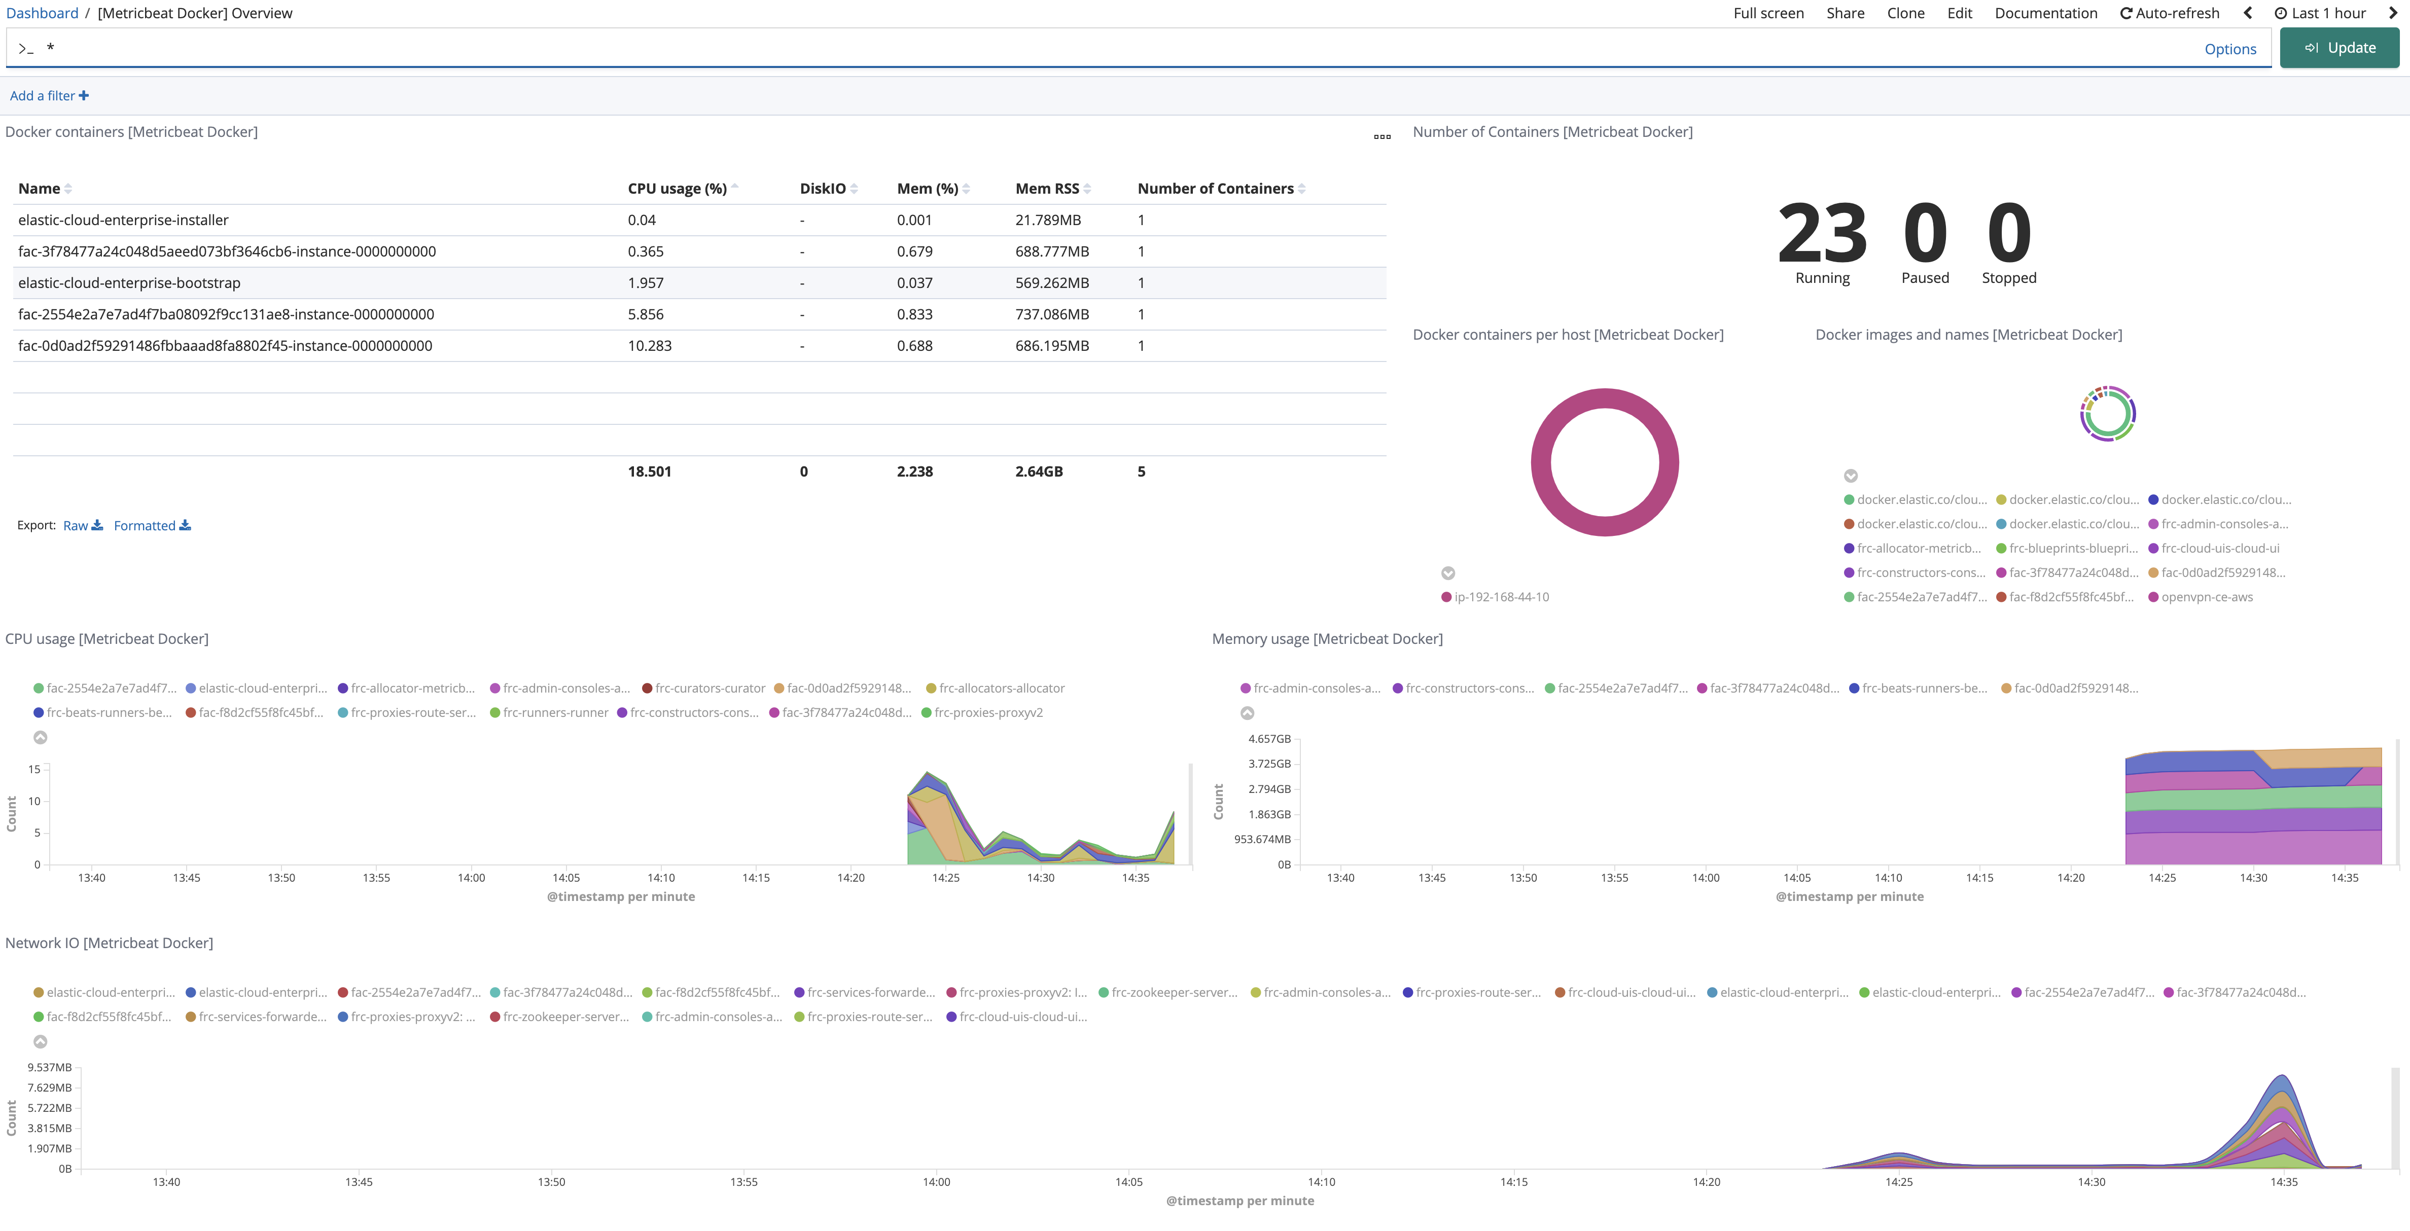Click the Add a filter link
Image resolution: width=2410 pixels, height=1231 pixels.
49,95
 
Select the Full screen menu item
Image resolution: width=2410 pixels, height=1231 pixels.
1768,13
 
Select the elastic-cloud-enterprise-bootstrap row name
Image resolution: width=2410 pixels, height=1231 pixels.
129,282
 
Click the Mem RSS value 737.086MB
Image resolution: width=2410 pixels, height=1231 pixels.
1051,314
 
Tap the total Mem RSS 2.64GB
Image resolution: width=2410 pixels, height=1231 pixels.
1039,472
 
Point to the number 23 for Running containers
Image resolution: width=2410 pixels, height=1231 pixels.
1822,234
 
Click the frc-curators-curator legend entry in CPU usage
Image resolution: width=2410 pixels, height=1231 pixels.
709,689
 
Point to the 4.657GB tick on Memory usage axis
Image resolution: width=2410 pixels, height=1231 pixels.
1268,739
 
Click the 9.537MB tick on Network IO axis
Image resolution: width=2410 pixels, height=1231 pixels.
50,1067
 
